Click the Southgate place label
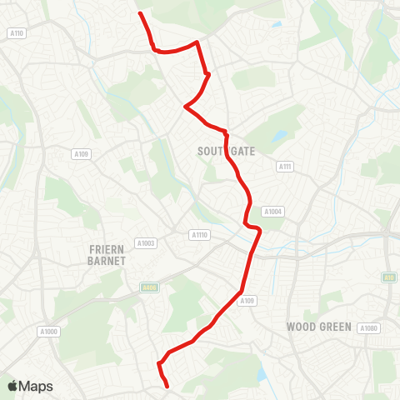226,151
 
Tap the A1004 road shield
273,212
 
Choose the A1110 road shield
198,235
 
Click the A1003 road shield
146,243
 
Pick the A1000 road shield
49,331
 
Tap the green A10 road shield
388,277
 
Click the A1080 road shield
369,328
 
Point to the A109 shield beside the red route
247,301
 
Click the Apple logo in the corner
12,386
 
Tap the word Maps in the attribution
37,386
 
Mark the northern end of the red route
139,13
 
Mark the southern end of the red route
167,387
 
